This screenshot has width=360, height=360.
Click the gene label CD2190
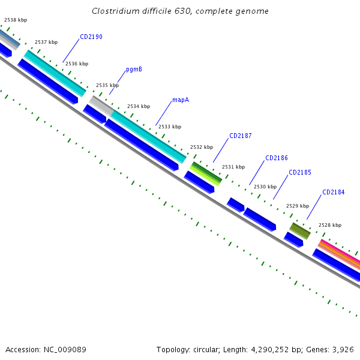coord(91,37)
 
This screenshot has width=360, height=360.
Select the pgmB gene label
coord(134,69)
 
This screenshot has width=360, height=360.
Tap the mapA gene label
coord(181,100)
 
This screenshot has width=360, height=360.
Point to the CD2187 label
coord(240,136)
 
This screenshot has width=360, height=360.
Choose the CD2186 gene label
coord(277,158)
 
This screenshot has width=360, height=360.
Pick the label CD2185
coord(300,172)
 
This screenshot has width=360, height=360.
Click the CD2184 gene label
coord(334,192)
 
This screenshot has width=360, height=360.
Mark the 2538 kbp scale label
coord(16,20)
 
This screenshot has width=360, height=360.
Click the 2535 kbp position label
coord(107,85)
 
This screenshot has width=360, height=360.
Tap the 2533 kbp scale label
coord(170,127)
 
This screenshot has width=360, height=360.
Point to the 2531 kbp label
coord(233,167)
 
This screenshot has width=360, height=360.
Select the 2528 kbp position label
coord(329,225)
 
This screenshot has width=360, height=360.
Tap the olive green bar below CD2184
coord(300,230)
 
